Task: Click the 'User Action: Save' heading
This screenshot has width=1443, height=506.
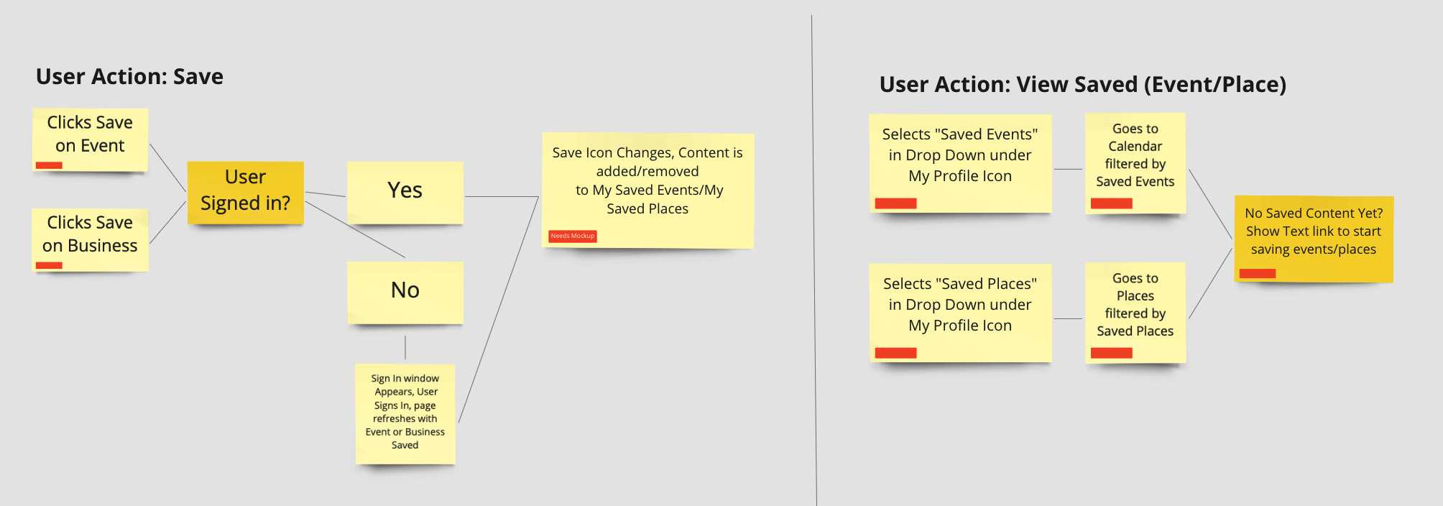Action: [129, 76]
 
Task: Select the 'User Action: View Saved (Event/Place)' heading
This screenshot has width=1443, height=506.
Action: [1082, 84]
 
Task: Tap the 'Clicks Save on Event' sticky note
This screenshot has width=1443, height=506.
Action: [90, 139]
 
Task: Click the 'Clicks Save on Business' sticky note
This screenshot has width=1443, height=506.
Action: [90, 239]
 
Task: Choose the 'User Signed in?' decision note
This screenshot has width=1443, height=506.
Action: [245, 193]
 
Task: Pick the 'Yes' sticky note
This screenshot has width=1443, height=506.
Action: [405, 192]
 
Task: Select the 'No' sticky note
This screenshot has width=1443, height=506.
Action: [405, 292]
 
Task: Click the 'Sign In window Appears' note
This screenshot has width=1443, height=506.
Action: [405, 413]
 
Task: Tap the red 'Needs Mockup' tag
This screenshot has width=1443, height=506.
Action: [573, 236]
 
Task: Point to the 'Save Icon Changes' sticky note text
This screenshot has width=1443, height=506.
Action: [647, 180]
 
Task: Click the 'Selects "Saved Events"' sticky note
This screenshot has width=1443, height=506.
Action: [960, 163]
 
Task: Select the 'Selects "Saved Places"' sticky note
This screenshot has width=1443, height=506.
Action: [960, 313]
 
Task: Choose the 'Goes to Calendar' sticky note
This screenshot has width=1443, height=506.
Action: [1135, 163]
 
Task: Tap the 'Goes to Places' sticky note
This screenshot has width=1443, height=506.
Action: [1135, 313]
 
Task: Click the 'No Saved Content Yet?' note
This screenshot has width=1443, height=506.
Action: [1314, 239]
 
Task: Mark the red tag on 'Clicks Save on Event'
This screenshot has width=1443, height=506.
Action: [49, 165]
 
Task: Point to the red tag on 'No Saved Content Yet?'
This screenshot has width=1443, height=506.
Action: [1258, 273]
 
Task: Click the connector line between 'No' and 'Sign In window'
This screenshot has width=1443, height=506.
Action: [405, 347]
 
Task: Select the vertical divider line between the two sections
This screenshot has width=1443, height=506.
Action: [814, 260]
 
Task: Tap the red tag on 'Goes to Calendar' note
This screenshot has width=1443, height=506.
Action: [1111, 203]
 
